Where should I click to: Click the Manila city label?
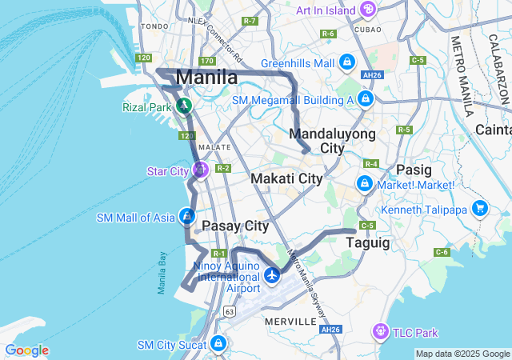click(x=206, y=78)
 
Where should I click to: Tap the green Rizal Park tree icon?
click(x=185, y=106)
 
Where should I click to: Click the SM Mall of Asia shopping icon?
click(x=187, y=216)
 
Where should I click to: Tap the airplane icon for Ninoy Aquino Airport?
click(x=272, y=275)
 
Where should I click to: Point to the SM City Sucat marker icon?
click(x=218, y=345)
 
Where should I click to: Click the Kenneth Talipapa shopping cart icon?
click(x=480, y=208)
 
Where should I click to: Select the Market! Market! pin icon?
click(x=364, y=185)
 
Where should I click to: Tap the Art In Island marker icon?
click(x=367, y=10)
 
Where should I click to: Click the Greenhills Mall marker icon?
click(x=346, y=62)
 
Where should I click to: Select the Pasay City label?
click(x=234, y=226)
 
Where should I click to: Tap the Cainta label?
click(x=493, y=129)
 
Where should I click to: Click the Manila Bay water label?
click(x=162, y=273)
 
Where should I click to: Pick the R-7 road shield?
click(x=250, y=20)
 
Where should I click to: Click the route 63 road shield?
click(x=230, y=310)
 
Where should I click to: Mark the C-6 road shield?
click(x=442, y=252)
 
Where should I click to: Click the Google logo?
click(x=26, y=350)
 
